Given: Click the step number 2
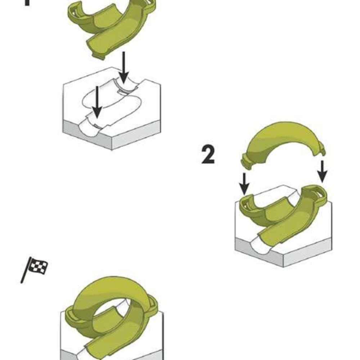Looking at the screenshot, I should click(208, 155).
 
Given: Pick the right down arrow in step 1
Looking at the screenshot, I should click(123, 67).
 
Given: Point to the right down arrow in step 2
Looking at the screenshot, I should click(322, 171).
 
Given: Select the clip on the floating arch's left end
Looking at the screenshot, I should click(246, 162).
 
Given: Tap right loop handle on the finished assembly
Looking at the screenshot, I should click(151, 302).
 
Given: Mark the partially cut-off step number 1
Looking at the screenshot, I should click(26, 3).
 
